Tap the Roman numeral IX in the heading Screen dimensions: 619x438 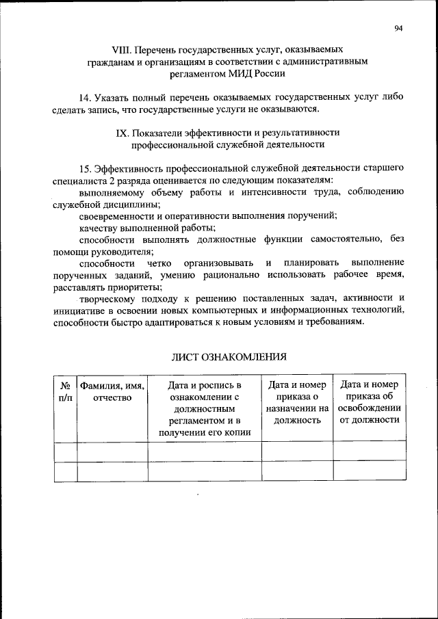[x=122, y=132]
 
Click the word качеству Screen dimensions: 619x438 [x=99, y=227]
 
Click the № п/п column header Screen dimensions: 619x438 [x=65, y=391]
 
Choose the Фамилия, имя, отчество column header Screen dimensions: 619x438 [x=112, y=391]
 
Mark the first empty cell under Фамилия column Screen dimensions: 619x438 [x=112, y=451]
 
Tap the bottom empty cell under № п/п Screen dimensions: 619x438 [x=65, y=471]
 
